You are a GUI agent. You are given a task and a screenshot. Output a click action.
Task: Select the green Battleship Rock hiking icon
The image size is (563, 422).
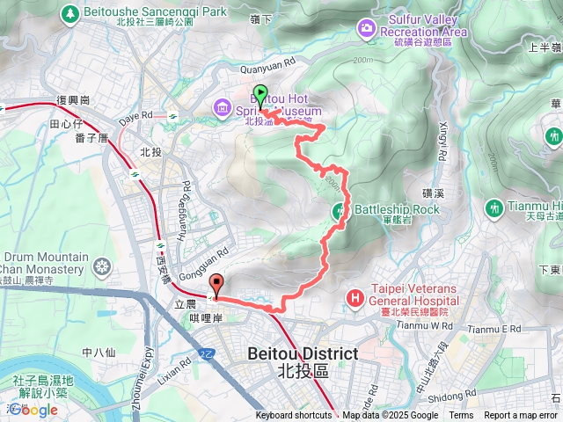click(x=340, y=210)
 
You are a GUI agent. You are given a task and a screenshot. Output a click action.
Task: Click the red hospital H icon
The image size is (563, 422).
click(x=355, y=298)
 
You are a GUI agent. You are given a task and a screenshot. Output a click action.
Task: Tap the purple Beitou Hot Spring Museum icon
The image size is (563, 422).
click(x=223, y=109)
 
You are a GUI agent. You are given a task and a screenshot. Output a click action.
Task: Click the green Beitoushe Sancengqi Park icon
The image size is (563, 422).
click(x=69, y=14)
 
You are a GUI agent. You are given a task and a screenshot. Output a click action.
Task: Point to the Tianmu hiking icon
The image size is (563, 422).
click(x=553, y=137)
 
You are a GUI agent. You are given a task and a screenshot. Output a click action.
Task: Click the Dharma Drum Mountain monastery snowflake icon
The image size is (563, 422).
click(x=103, y=266)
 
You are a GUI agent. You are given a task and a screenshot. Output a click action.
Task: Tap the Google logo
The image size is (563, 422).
click(x=33, y=410)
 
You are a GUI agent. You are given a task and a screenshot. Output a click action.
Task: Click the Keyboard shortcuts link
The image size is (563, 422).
click(x=294, y=416)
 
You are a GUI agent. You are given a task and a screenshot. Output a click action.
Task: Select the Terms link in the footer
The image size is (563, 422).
click(x=461, y=416)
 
